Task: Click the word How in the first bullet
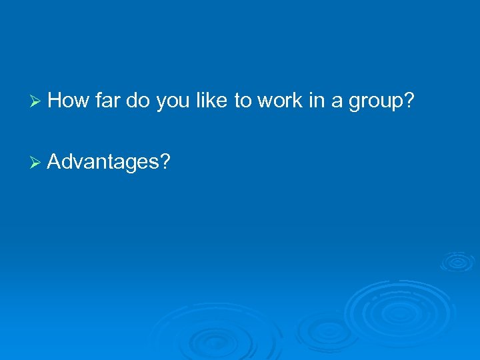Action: [x=69, y=101]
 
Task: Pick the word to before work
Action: [x=242, y=102]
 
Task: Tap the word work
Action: [x=279, y=101]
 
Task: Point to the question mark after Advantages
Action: [x=165, y=161]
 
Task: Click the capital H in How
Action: [x=55, y=101]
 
